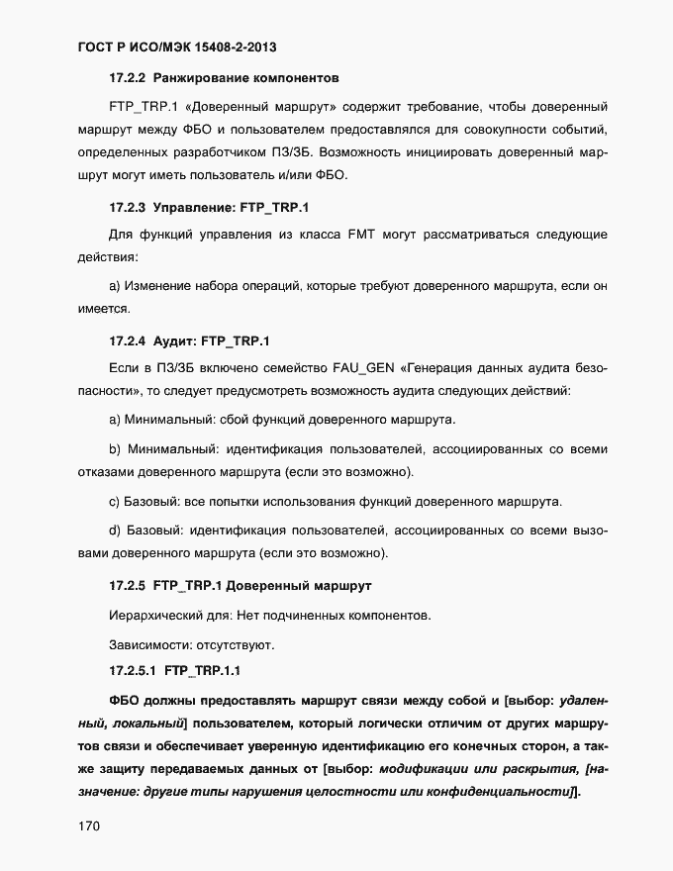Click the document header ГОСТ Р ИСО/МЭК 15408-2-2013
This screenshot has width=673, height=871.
(183, 47)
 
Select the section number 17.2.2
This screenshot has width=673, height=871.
(128, 76)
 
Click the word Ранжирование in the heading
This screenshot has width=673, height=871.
(204, 76)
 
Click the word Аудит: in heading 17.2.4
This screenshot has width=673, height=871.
(174, 340)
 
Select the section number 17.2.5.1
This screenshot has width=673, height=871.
(134, 671)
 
